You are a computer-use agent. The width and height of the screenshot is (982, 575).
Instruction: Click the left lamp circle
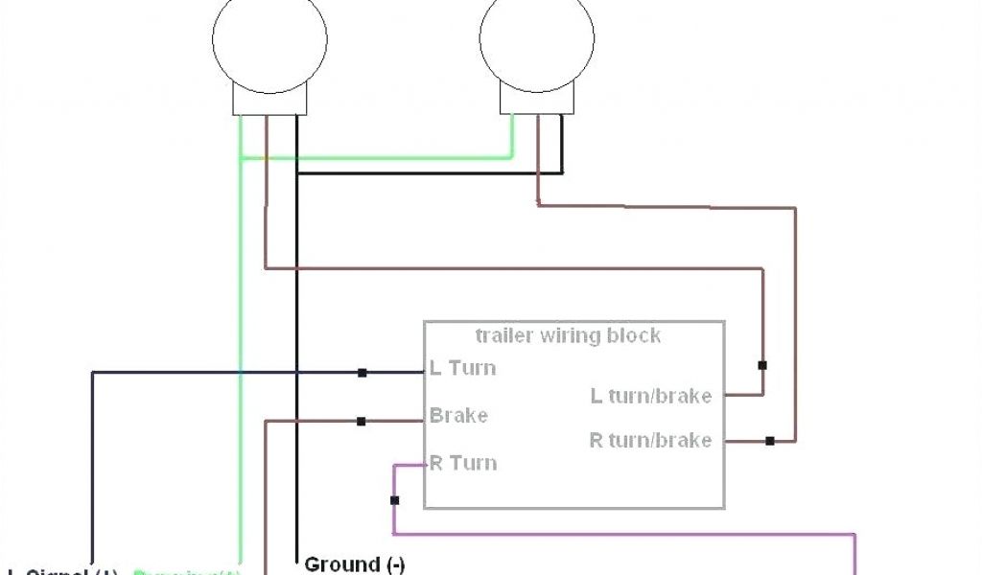coord(269,38)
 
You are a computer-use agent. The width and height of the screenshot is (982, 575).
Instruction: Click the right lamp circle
coord(537,38)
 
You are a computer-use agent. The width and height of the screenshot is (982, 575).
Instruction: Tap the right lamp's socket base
coord(537,100)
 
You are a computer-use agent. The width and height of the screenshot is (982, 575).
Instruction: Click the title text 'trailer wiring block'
coord(568,335)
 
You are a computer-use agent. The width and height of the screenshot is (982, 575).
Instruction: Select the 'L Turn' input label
coord(462,367)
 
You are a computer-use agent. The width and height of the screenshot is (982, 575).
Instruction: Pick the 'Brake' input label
coord(458,416)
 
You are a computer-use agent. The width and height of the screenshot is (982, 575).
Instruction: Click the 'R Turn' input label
coord(463,463)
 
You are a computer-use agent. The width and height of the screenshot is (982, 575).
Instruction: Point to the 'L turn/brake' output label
coord(650,395)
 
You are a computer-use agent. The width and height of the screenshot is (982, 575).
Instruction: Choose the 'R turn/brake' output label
coord(650,441)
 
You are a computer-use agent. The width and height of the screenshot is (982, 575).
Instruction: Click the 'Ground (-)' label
coord(355,563)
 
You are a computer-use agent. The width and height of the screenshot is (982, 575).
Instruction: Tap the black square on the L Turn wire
coord(362,372)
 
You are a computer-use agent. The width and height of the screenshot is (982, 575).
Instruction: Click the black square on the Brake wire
coord(361,421)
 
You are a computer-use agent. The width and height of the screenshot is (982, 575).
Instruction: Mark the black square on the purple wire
coord(394,500)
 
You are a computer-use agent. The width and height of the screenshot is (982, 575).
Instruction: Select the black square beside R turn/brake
coord(769,441)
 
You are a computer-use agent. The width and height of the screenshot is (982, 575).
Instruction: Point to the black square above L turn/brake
coord(762,365)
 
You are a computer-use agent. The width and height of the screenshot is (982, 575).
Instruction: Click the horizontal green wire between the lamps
coord(384,158)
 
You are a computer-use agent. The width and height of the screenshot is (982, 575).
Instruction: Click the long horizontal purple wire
coord(623,534)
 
